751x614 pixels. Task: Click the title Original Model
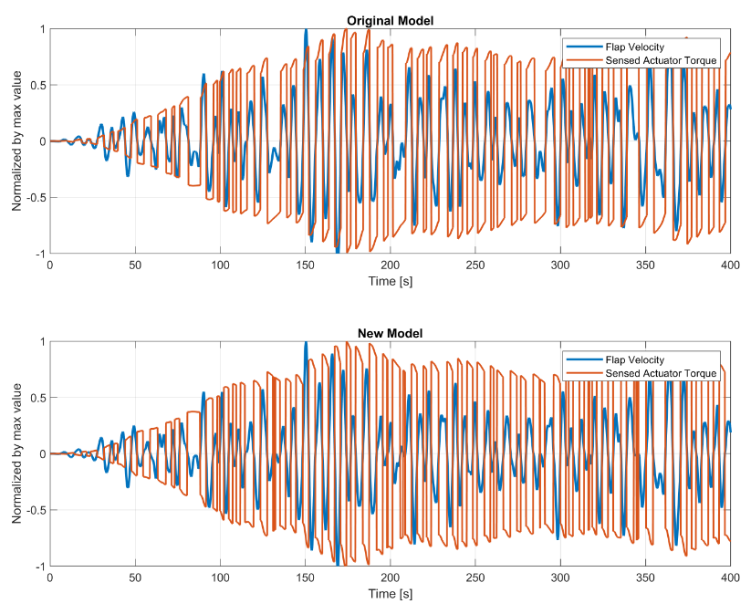[x=390, y=21]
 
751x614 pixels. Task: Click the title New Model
[x=390, y=333]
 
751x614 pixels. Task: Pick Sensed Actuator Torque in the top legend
[x=662, y=60]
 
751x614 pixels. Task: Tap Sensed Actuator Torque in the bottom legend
[x=662, y=372]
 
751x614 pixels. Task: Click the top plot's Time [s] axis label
[x=390, y=281]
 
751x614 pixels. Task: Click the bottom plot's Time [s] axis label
[x=390, y=594]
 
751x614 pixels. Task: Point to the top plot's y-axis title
[x=16, y=141]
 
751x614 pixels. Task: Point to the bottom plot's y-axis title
[x=16, y=453]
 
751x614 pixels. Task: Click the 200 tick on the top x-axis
[x=390, y=265]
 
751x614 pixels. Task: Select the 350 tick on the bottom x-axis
[x=645, y=578]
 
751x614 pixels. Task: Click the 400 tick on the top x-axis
[x=730, y=265]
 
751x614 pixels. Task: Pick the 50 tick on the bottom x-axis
[x=134, y=578]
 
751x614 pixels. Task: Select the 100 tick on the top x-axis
[x=219, y=265]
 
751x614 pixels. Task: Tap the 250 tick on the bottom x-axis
[x=475, y=578]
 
